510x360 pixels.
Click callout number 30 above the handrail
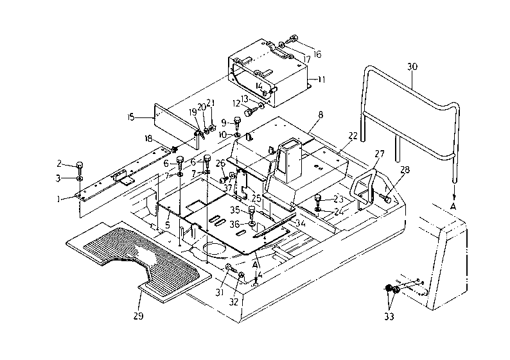pyautogui.click(x=412, y=67)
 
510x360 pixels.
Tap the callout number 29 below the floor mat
pyautogui.click(x=138, y=316)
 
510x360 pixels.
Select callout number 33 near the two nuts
pyautogui.click(x=389, y=316)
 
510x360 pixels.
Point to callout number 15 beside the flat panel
pyautogui.click(x=131, y=117)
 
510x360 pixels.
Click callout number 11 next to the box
pyautogui.click(x=321, y=80)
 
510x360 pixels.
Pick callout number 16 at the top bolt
pyautogui.click(x=317, y=54)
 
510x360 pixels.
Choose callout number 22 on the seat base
pyautogui.click(x=353, y=136)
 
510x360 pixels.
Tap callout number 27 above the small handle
pyautogui.click(x=379, y=153)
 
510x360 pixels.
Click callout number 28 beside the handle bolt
pyautogui.click(x=405, y=169)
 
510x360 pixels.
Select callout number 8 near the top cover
pyautogui.click(x=321, y=114)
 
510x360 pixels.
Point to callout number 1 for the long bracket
pyautogui.click(x=58, y=199)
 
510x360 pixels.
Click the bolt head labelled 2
pyautogui.click(x=80, y=165)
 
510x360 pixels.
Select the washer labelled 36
pyautogui.click(x=252, y=224)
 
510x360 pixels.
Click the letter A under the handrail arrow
pyautogui.click(x=453, y=207)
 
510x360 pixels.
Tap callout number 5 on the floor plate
pyautogui.click(x=168, y=225)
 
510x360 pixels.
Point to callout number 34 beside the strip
pyautogui.click(x=301, y=223)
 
